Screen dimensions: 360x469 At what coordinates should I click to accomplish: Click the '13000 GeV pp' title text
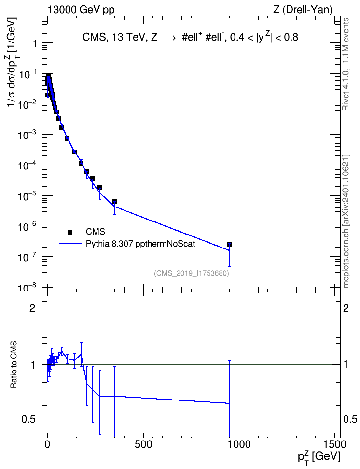coord(81,10)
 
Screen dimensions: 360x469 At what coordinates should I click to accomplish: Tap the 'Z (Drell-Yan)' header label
coord(303,10)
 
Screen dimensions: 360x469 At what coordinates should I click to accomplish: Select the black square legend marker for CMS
coord(69,232)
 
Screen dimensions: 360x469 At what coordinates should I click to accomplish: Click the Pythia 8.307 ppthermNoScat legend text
coord(140,244)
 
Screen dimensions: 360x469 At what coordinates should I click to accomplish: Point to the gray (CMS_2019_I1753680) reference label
coord(192,273)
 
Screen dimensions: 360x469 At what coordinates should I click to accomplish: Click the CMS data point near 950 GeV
coord(229,244)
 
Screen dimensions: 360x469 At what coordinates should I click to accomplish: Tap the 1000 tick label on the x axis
coord(239,444)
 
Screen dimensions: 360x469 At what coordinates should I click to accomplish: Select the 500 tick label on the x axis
coord(143,444)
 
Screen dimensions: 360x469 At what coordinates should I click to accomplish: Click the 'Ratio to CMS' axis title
coord(14,365)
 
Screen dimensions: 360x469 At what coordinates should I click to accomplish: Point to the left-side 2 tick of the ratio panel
coord(32,308)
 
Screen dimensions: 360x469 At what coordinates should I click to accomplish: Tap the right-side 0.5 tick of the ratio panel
coord(350,420)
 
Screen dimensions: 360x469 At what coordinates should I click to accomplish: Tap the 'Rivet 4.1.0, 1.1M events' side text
coord(346,64)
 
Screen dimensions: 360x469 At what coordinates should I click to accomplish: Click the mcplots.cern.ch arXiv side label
coord(346,221)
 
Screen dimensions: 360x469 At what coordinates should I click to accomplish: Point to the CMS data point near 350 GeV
coord(114,201)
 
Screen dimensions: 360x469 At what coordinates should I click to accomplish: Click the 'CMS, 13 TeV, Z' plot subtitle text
coord(120,37)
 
